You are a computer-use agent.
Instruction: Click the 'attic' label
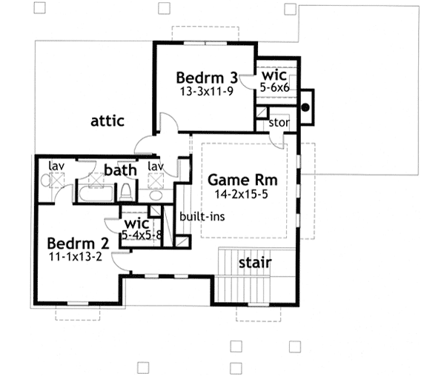click(x=107, y=120)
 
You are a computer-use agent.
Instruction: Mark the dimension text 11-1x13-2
click(x=76, y=257)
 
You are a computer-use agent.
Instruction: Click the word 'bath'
click(x=120, y=171)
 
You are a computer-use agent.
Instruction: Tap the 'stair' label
click(x=254, y=263)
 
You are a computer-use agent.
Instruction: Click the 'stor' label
click(x=279, y=122)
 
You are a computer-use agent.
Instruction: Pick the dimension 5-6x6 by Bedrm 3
click(x=274, y=87)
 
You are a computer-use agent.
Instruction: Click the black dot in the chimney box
click(x=305, y=106)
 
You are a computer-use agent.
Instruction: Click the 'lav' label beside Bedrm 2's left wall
click(x=55, y=165)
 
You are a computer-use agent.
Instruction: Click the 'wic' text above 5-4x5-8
click(x=137, y=223)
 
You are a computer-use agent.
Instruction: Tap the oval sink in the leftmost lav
click(x=45, y=181)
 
